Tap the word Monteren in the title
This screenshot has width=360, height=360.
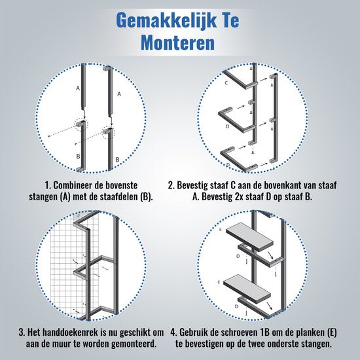click(180, 44)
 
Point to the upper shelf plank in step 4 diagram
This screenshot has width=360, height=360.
click(252, 241)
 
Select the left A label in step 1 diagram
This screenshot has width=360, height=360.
click(77, 87)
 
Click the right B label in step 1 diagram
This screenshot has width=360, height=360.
click(117, 160)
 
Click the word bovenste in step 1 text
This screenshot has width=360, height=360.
click(134, 186)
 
